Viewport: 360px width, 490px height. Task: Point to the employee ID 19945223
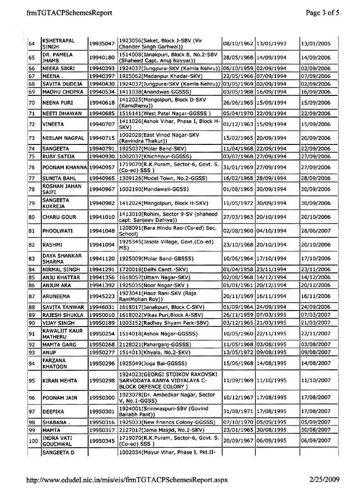pyautogui.click(x=102, y=296)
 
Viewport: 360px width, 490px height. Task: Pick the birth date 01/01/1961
pyautogui.click(x=238, y=285)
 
